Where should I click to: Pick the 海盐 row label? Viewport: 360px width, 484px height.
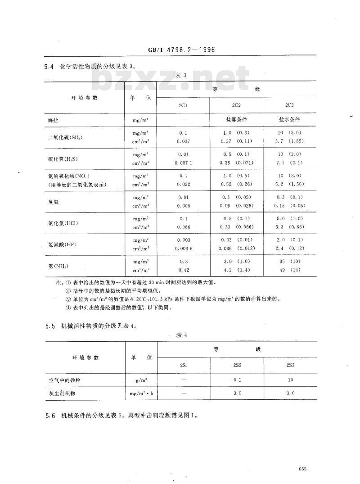pyautogui.click(x=54, y=121)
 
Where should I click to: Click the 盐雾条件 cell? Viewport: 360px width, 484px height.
pyautogui.click(x=236, y=120)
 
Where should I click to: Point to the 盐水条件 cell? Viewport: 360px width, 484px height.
pyautogui.click(x=289, y=120)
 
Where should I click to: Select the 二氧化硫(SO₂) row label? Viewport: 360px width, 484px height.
pyautogui.click(x=66, y=137)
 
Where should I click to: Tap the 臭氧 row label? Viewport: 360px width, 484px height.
pyautogui.click(x=54, y=202)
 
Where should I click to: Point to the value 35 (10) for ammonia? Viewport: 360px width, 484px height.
pyautogui.click(x=289, y=261)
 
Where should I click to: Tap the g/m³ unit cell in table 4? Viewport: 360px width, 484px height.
pyautogui.click(x=142, y=380)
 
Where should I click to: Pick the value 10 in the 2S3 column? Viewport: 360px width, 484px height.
pyautogui.click(x=290, y=380)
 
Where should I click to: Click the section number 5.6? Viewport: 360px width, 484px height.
pyautogui.click(x=50, y=416)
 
